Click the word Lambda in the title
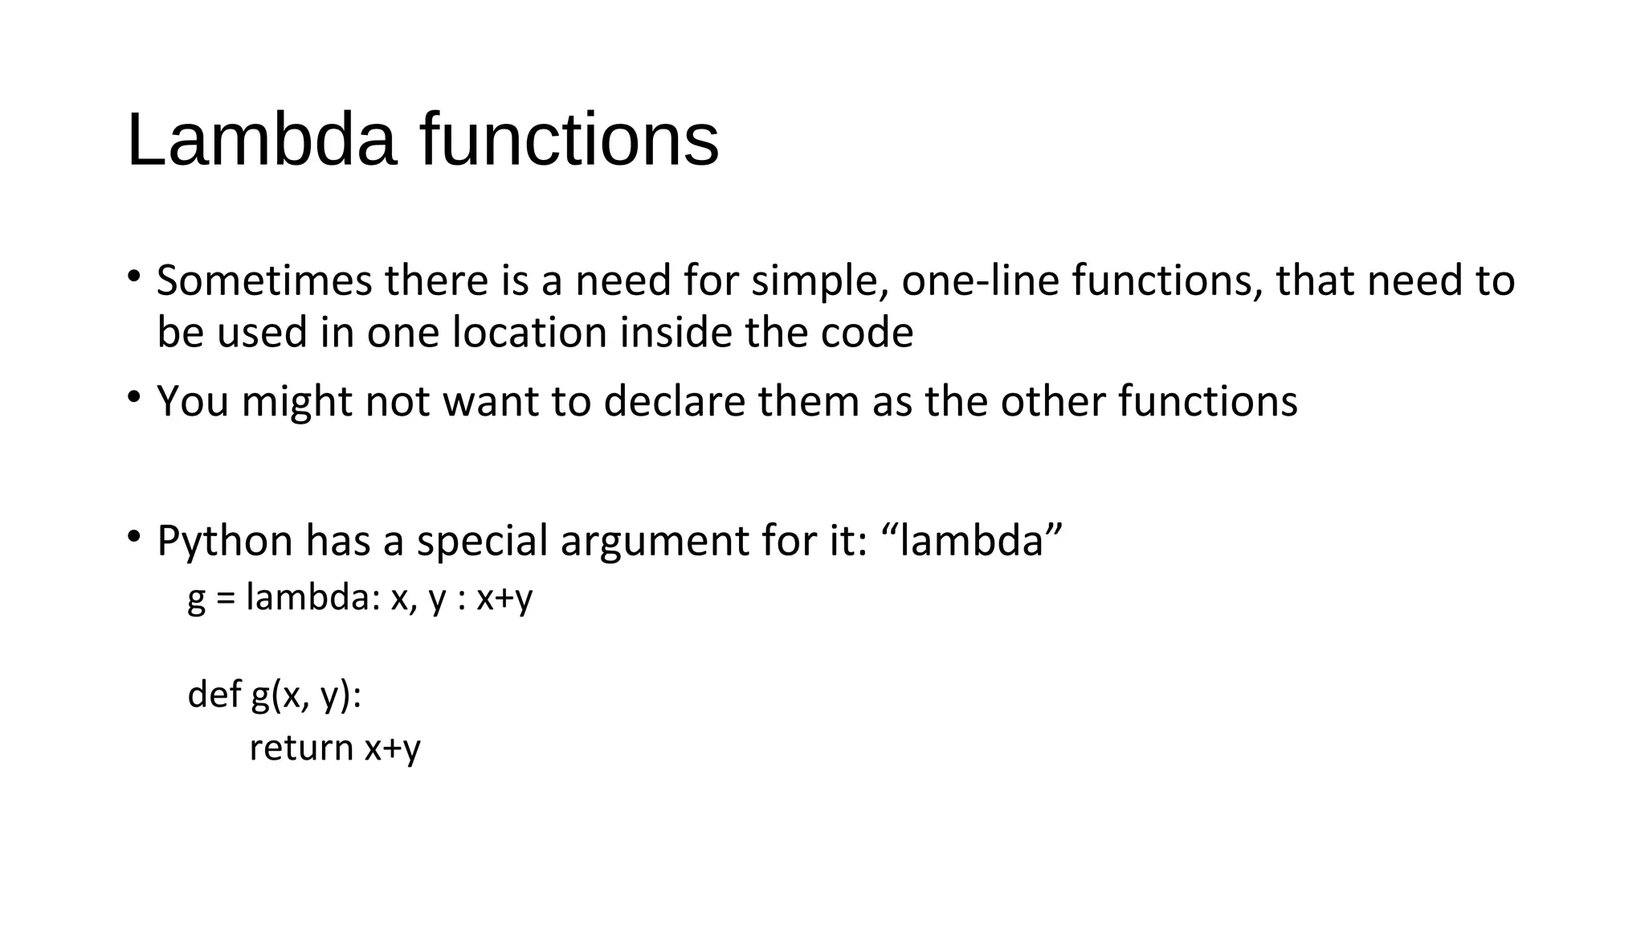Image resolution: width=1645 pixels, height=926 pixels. click(x=262, y=140)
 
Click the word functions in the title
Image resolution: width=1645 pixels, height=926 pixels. click(x=569, y=140)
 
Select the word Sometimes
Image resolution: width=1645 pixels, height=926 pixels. click(x=264, y=281)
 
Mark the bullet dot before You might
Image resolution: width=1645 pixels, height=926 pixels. click(x=134, y=395)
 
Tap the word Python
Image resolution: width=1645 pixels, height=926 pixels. click(x=225, y=542)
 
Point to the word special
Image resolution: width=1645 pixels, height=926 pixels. click(x=482, y=542)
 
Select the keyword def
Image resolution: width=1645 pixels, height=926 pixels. click(x=214, y=694)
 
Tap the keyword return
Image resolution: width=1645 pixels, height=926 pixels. click(x=301, y=748)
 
